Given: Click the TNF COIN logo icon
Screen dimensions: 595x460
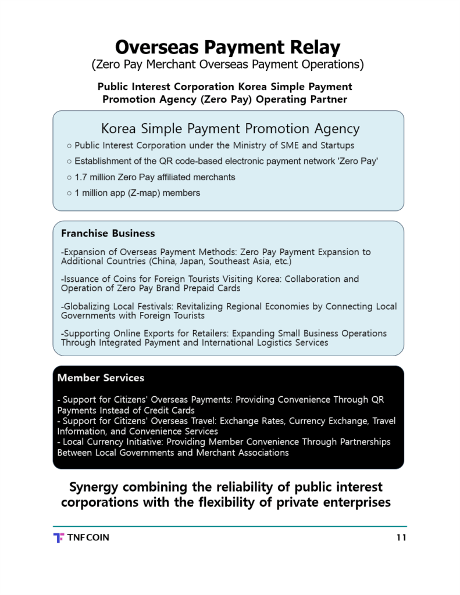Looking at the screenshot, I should (x=58, y=537).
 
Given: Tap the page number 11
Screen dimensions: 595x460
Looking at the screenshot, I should (x=401, y=537).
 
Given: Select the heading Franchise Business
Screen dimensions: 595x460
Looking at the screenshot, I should (x=108, y=234).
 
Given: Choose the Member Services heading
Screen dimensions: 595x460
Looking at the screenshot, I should (x=101, y=378).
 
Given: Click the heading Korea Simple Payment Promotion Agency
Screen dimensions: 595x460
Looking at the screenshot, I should (x=230, y=128).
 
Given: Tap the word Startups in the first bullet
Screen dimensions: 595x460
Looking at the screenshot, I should (x=334, y=145).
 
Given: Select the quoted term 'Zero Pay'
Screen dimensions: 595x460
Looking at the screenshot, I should (x=359, y=162).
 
